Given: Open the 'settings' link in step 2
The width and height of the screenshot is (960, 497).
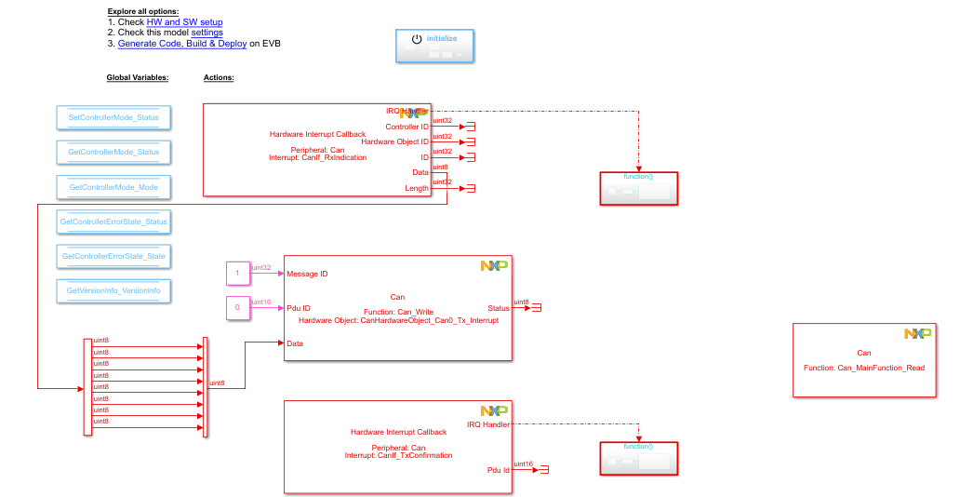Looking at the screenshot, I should click(x=207, y=33).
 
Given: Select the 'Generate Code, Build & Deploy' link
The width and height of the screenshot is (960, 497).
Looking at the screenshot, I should click(x=183, y=44).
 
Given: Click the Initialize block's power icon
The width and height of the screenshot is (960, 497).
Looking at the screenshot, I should click(x=417, y=39).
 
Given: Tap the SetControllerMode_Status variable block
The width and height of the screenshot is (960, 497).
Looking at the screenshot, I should click(x=113, y=117).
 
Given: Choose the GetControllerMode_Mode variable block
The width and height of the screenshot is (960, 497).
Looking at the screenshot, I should click(x=113, y=187).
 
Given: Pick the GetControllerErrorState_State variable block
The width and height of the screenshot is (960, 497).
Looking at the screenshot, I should click(x=113, y=256).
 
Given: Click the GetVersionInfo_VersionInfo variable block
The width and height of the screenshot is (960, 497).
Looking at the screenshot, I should click(x=113, y=290).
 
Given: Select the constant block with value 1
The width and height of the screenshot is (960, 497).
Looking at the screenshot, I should click(x=237, y=274).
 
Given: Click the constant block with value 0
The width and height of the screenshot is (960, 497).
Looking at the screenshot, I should click(x=237, y=307).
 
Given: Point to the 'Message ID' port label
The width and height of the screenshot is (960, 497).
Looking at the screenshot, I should click(x=307, y=274).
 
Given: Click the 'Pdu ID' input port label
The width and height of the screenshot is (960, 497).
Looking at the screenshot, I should click(x=299, y=308).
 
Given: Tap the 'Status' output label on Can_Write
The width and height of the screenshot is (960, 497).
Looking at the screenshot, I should click(x=498, y=308).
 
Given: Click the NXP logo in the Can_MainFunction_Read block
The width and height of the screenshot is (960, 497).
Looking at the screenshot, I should click(x=917, y=333).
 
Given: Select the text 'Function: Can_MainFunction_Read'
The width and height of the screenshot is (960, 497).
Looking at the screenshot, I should click(x=864, y=368).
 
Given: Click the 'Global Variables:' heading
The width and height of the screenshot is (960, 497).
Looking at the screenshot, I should click(x=138, y=78).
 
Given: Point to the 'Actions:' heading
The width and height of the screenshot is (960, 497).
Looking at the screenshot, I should click(x=219, y=78).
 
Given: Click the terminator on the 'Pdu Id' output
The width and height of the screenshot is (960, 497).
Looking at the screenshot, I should click(x=544, y=470).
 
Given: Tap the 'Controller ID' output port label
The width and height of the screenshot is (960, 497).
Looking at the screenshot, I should click(x=407, y=127).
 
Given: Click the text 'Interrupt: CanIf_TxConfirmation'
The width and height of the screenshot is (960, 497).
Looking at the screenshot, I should click(x=398, y=455).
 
